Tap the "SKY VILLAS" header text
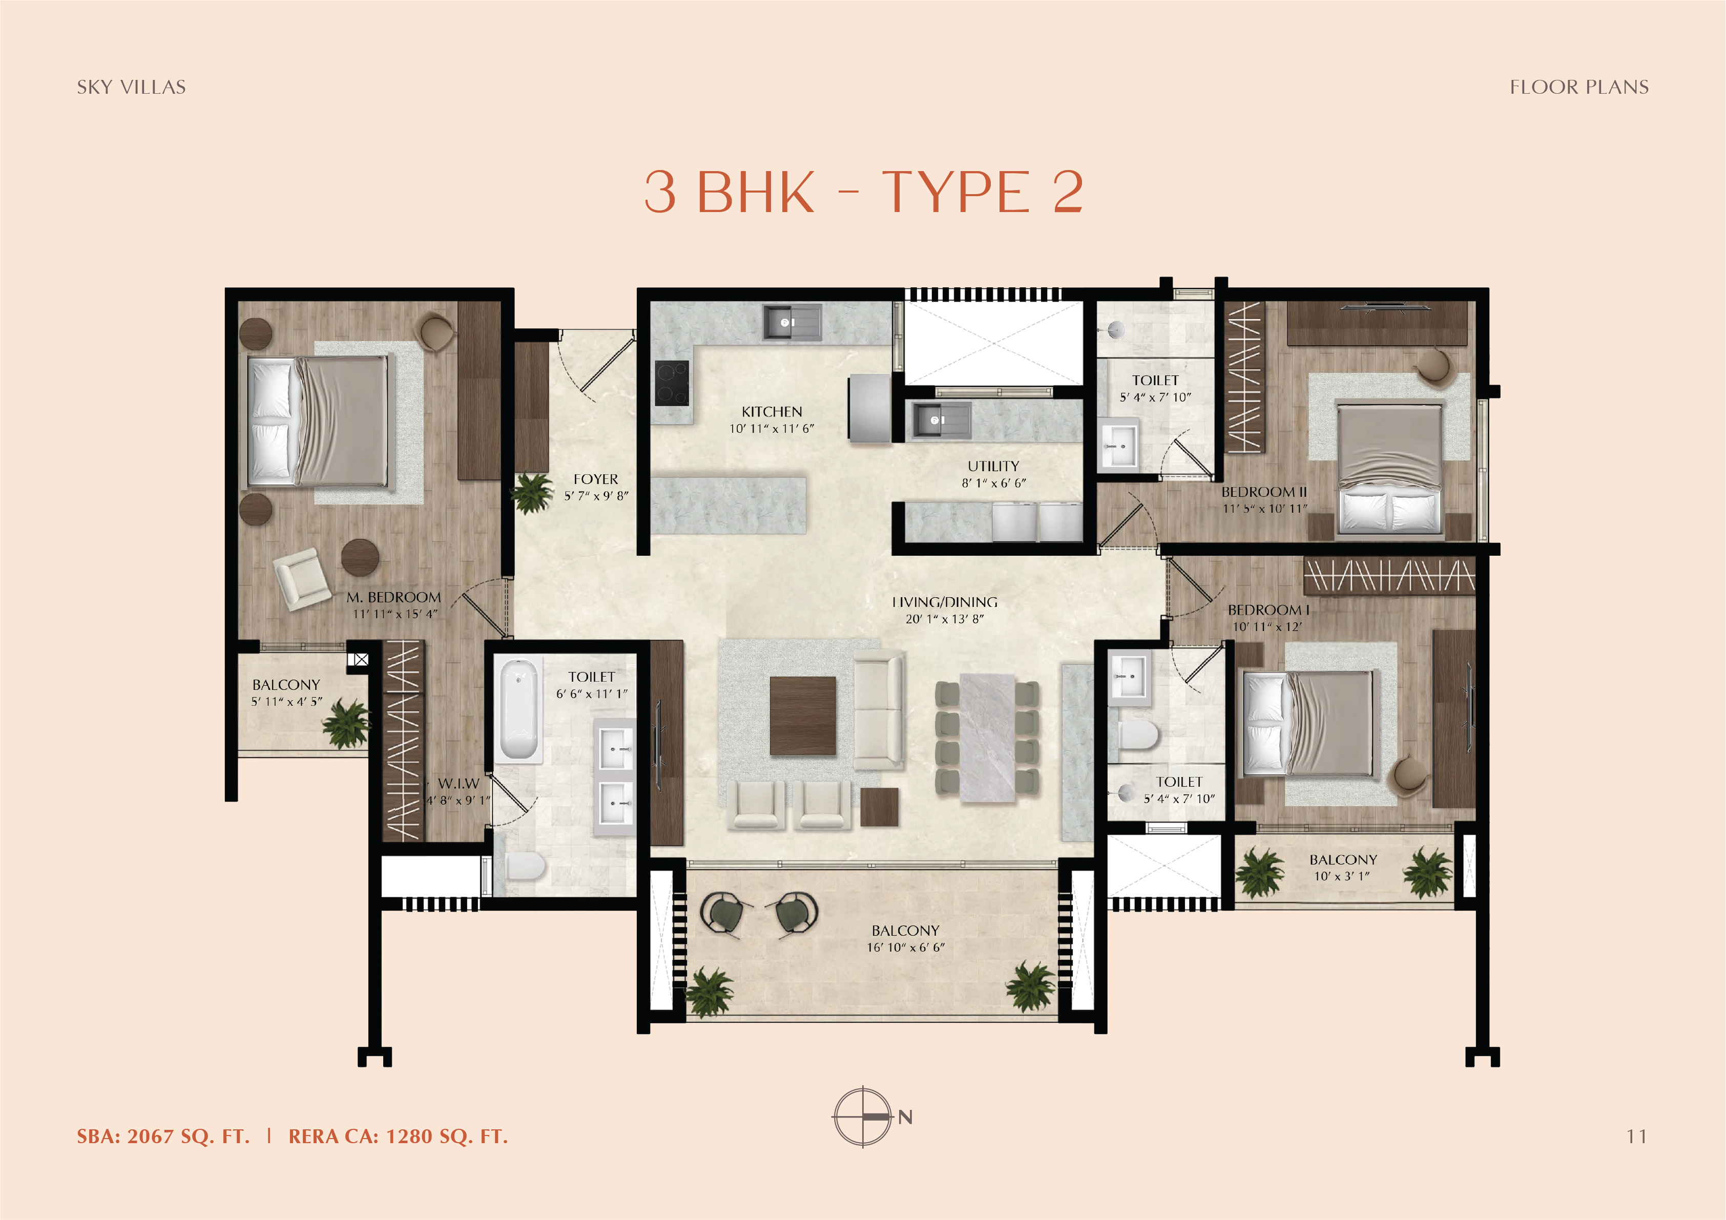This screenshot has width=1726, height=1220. (132, 87)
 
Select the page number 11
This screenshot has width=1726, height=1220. (1636, 1137)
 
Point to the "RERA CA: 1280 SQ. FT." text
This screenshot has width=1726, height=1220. (399, 1137)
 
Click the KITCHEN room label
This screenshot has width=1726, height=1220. (772, 412)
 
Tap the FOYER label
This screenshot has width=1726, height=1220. (595, 479)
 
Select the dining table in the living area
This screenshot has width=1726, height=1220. (987, 738)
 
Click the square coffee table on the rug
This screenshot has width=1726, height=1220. (803, 715)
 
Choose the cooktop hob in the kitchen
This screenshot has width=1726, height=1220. (671, 384)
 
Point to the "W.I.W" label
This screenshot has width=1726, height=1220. (458, 783)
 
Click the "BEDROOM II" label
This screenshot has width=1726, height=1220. (1264, 492)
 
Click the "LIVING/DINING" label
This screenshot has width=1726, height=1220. (945, 602)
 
